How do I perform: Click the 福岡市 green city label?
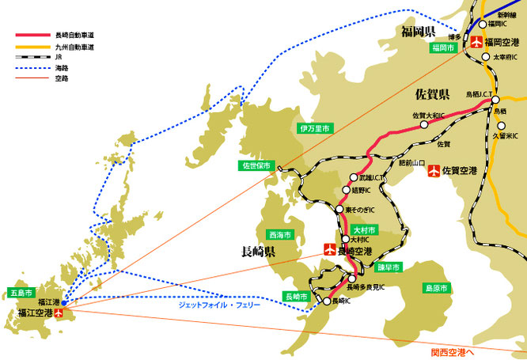[443, 48]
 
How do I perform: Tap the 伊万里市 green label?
[314, 127]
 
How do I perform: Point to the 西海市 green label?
[281, 235]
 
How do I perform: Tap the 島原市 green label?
[437, 288]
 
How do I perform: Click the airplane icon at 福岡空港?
[476, 42]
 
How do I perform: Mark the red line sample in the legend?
[35, 36]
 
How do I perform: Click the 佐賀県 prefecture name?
[432, 96]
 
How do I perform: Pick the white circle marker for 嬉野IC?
[346, 191]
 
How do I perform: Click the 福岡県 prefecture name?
[419, 32]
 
